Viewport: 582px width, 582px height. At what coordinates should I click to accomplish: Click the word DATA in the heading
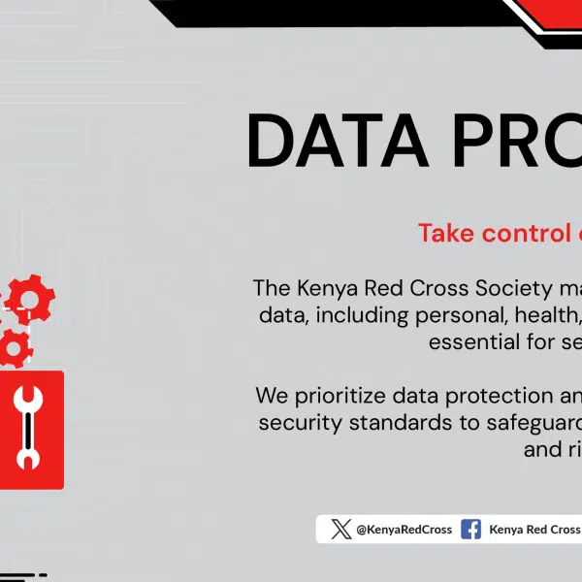click(338, 141)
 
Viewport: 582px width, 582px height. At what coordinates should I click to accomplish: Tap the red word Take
click(446, 233)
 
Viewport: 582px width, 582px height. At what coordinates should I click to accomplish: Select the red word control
click(527, 233)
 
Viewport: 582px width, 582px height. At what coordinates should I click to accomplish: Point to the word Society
click(514, 288)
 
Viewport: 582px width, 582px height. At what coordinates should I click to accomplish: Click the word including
click(362, 316)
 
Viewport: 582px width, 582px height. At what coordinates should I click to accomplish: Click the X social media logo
click(341, 529)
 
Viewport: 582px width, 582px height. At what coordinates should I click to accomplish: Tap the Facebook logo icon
click(470, 529)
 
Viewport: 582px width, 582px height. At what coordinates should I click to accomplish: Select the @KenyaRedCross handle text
click(404, 530)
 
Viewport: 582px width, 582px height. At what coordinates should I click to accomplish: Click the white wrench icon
click(28, 427)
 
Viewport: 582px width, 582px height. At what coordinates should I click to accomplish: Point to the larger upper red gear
click(30, 299)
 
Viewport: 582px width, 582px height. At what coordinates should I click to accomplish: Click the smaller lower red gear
click(15, 348)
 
